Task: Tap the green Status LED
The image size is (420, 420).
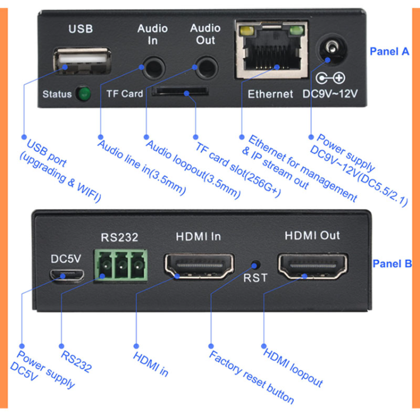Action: pyautogui.click(x=85, y=94)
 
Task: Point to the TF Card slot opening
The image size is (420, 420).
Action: pyautogui.click(x=180, y=90)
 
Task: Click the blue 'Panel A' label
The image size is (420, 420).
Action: pyautogui.click(x=390, y=52)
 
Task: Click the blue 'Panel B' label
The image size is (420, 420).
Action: pyautogui.click(x=392, y=263)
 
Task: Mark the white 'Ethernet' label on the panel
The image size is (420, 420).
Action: pyautogui.click(x=270, y=94)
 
